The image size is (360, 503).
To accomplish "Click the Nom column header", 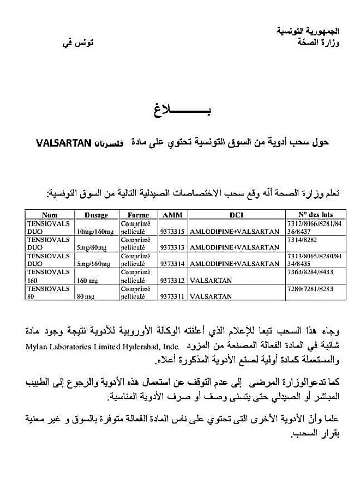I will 50,215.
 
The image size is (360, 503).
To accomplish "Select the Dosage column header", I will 96,215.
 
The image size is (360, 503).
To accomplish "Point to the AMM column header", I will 172,215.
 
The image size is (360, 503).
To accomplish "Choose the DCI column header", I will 236,215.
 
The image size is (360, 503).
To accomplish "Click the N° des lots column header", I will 316,215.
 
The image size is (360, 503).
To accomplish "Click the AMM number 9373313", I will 172,247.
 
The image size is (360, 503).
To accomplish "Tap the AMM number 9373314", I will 172,264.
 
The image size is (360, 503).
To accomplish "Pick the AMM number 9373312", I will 172,280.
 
